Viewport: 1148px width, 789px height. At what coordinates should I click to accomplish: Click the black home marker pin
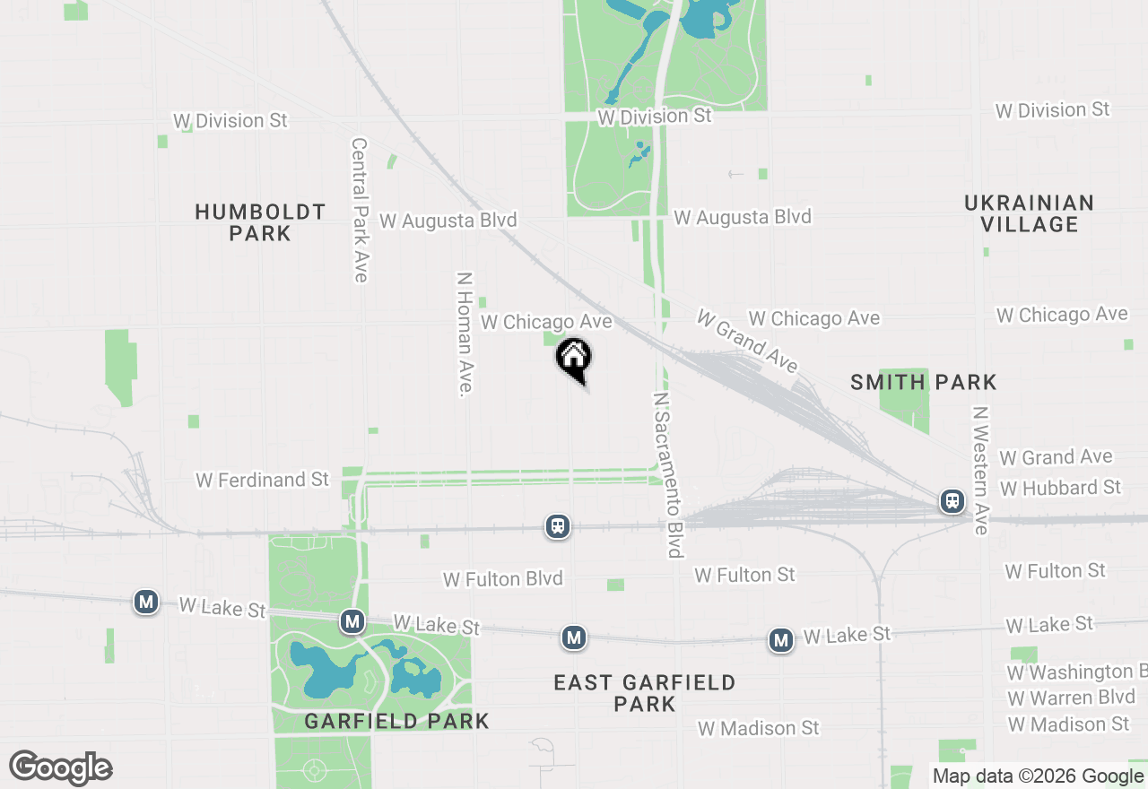coord(574,359)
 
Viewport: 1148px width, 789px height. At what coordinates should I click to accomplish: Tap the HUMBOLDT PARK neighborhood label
coord(260,222)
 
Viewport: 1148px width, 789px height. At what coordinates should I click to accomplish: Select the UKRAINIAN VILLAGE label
coord(1029,213)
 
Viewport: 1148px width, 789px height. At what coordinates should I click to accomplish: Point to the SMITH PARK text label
coord(923,383)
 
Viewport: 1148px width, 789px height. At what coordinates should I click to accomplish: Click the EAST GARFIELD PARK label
coord(644,693)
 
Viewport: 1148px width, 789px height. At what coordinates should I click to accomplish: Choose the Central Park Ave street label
coord(360,210)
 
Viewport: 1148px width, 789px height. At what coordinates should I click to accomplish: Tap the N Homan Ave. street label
coord(465,334)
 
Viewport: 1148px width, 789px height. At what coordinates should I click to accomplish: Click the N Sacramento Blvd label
coord(669,474)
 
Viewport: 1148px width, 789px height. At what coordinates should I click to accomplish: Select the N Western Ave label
coord(979,471)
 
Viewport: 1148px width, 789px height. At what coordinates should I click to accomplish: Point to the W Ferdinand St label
coord(263,481)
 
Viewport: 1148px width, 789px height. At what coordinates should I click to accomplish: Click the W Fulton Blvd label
coord(502,579)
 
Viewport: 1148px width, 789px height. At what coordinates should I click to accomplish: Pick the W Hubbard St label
coord(1060,488)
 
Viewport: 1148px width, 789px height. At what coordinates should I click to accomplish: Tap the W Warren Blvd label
coord(1071,698)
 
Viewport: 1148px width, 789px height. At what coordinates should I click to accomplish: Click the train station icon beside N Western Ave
coord(952,501)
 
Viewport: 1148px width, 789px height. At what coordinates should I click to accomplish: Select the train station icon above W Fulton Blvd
coord(558,526)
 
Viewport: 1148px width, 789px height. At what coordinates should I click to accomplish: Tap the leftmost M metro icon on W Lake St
coord(146,602)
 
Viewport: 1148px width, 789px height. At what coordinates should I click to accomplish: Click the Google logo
coord(60,768)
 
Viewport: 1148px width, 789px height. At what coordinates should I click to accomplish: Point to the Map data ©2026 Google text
coord(1038,776)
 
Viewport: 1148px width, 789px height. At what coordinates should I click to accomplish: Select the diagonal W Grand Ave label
coord(747,342)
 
